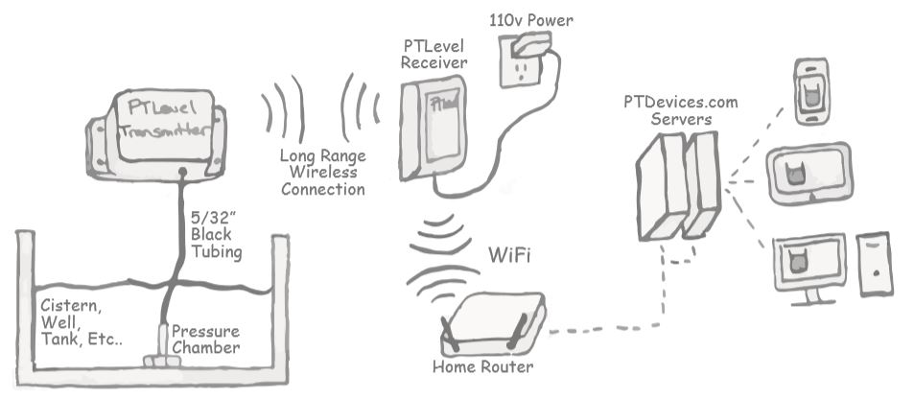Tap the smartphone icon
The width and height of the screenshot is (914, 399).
(813, 91)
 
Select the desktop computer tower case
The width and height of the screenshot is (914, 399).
(875, 264)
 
